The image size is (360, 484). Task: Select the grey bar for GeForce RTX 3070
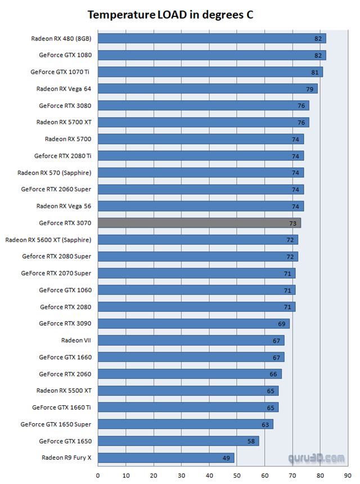pyautogui.click(x=199, y=223)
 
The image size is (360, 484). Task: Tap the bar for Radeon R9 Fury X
pyautogui.click(x=166, y=458)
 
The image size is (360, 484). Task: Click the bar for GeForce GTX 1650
pyautogui.click(x=178, y=441)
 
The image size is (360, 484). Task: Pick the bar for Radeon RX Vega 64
pyautogui.click(x=208, y=88)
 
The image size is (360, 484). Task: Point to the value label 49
pyautogui.click(x=226, y=458)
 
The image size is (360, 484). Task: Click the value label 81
pyautogui.click(x=314, y=72)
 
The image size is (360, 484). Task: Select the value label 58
pyautogui.click(x=251, y=441)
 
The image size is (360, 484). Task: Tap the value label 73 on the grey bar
pyautogui.click(x=292, y=223)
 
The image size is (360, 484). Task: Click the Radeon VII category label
pyautogui.click(x=76, y=340)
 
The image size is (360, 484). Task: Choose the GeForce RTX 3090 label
pyautogui.click(x=65, y=323)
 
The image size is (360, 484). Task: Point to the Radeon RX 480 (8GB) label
pyautogui.click(x=61, y=38)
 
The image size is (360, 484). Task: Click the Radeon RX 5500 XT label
pyautogui.click(x=64, y=391)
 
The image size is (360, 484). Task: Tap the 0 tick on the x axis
pyautogui.click(x=98, y=475)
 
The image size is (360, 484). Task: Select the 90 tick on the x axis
pyautogui.click(x=348, y=475)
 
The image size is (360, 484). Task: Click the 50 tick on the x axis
pyautogui.click(x=237, y=475)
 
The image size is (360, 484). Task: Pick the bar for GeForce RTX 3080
pyautogui.click(x=204, y=105)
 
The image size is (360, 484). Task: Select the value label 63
pyautogui.click(x=264, y=424)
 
